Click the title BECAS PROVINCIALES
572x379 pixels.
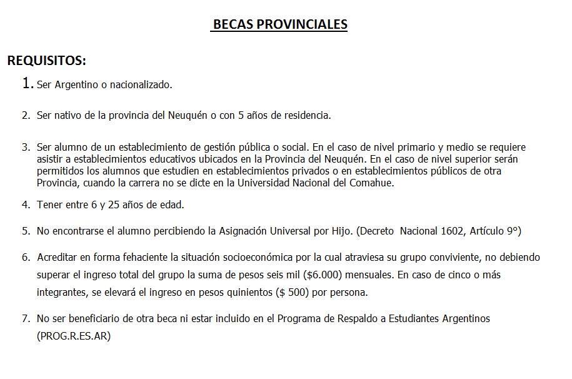click(x=280, y=24)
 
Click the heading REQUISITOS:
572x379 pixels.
click(x=47, y=61)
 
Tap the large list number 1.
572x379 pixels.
click(x=27, y=83)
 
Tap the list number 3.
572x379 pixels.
click(x=26, y=148)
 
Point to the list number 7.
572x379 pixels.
click(x=26, y=318)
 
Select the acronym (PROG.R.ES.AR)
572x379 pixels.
click(x=74, y=336)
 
